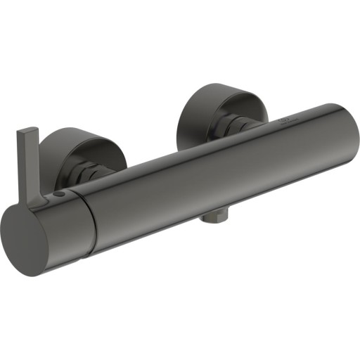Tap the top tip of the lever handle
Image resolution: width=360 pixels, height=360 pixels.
click(x=29, y=129)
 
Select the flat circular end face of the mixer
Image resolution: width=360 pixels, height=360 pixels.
click(x=27, y=238)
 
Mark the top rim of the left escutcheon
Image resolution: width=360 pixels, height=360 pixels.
click(x=77, y=130)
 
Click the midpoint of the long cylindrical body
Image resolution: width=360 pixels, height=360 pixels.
click(x=211, y=176)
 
